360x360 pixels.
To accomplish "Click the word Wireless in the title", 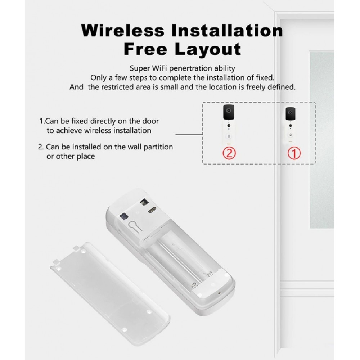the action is pyautogui.click(x=123, y=31).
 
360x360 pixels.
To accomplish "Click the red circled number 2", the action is pyautogui.click(x=229, y=153).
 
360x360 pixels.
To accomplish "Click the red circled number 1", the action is pyautogui.click(x=294, y=153).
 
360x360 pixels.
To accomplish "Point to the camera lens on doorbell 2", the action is pyautogui.click(x=229, y=111).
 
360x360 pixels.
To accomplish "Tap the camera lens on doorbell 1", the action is pyautogui.click(x=291, y=112).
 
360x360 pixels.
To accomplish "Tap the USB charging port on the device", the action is pyautogui.click(x=152, y=210).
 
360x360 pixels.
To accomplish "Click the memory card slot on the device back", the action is pyautogui.click(x=124, y=216).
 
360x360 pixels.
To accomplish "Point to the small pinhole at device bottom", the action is pyautogui.click(x=219, y=293).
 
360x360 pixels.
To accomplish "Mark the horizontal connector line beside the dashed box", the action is pyautogui.click(x=189, y=134).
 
